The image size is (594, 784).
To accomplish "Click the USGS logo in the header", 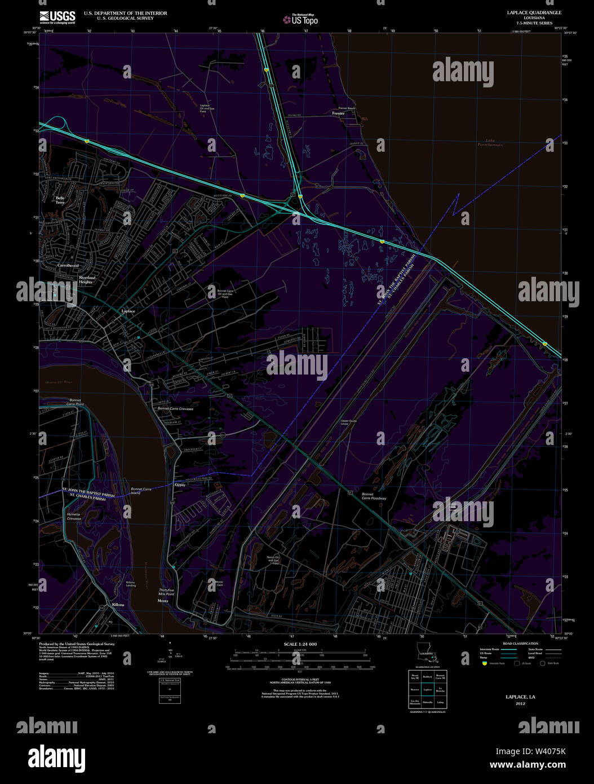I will tap(57, 16).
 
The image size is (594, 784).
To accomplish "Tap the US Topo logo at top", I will tap(301, 20).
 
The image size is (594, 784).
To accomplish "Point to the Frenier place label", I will tap(338, 113).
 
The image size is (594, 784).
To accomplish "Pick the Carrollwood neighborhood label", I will tap(68, 265).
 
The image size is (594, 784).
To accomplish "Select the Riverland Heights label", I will tap(87, 280).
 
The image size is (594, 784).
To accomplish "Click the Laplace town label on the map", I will tap(128, 311).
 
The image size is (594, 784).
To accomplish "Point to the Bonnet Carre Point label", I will tap(75, 402).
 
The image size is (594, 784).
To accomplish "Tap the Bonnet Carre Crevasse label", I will tap(175, 408).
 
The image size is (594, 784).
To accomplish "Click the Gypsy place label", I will tap(180, 485).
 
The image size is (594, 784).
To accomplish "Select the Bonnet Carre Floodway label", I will tap(374, 496).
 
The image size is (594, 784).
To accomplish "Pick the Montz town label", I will tap(163, 601).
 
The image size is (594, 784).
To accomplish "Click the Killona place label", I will tap(118, 605).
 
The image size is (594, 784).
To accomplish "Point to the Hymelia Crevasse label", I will tap(74, 517).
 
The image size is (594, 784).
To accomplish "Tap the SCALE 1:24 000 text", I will tap(300, 644).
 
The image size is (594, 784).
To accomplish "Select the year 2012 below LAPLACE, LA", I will tap(520, 703).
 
